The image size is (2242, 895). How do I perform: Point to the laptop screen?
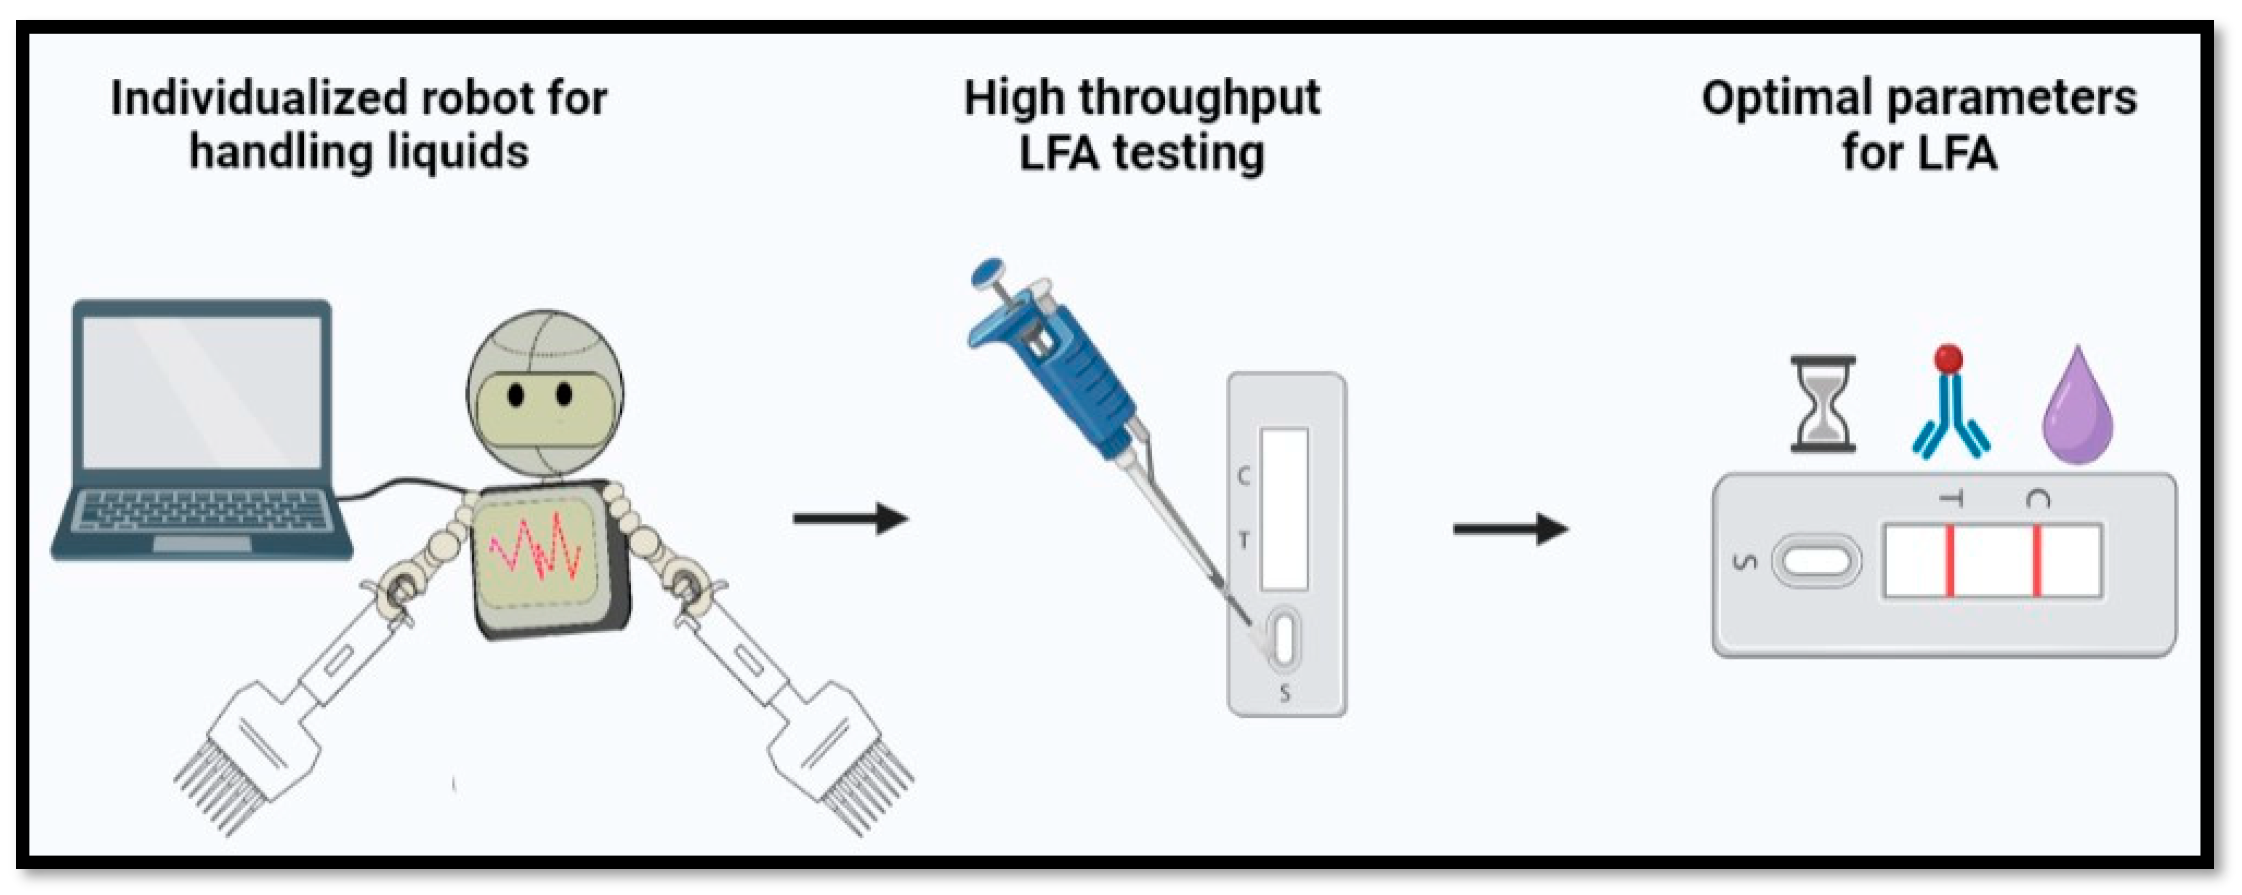(202, 392)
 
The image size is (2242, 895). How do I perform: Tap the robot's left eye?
(515, 395)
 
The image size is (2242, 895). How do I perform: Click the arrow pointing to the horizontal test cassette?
(1510, 528)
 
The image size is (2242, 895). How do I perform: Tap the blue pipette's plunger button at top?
(989, 272)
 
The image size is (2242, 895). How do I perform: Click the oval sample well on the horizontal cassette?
(1816, 561)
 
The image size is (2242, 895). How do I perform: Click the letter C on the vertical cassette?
(1243, 476)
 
